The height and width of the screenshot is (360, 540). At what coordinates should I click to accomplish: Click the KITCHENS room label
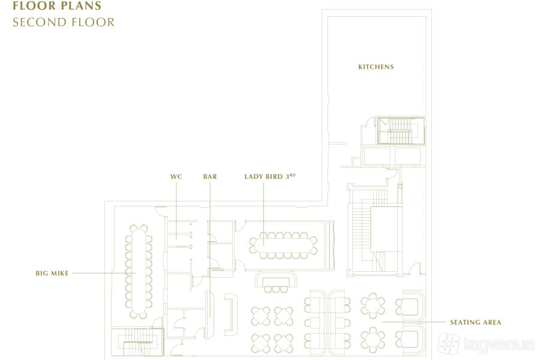pyautogui.click(x=376, y=67)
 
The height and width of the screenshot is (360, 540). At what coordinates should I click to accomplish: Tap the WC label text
pyautogui.click(x=176, y=177)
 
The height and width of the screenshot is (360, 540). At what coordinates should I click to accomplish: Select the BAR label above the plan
pyautogui.click(x=210, y=177)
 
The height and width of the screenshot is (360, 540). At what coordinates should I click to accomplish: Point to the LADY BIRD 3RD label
pyautogui.click(x=269, y=176)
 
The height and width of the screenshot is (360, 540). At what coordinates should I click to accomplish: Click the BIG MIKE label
pyautogui.click(x=52, y=273)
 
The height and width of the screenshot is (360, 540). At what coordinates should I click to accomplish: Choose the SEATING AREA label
pyautogui.click(x=476, y=322)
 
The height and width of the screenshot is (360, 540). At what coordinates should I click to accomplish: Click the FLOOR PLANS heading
pyautogui.click(x=57, y=5)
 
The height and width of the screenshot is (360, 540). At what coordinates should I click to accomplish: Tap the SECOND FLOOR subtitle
pyautogui.click(x=64, y=22)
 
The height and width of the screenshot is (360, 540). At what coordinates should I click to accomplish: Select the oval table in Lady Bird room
pyautogui.click(x=283, y=245)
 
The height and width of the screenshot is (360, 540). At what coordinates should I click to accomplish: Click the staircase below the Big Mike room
pyautogui.click(x=137, y=342)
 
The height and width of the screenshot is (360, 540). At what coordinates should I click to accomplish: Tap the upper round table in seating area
pyautogui.click(x=373, y=306)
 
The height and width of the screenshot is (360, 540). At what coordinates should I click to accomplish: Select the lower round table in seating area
pyautogui.click(x=373, y=340)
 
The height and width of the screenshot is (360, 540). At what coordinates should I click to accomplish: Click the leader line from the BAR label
pyautogui.click(x=210, y=250)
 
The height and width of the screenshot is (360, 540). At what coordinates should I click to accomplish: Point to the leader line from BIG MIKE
pyautogui.click(x=104, y=273)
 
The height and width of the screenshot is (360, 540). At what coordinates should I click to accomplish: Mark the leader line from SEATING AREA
pyautogui.click(x=413, y=322)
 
